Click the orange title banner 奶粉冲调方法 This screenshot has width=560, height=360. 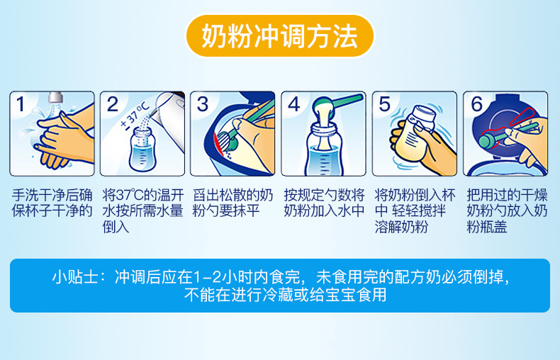[279, 35]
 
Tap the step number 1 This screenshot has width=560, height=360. [21, 104]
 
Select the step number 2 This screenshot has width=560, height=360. [112, 104]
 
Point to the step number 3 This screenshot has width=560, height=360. [203, 104]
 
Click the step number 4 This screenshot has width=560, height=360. [293, 104]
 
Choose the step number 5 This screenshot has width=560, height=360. [384, 104]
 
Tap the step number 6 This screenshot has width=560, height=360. [476, 104]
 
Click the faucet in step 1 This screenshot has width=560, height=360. [55, 97]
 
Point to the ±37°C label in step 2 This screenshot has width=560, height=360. [134, 116]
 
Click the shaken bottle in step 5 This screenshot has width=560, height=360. [415, 133]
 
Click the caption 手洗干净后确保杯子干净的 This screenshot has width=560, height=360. [52, 203]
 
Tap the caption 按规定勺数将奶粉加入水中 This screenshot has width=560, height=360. [324, 203]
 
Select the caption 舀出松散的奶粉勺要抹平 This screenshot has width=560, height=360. [233, 203]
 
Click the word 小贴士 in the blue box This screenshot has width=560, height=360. [75, 277]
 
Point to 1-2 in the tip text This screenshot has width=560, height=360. [206, 277]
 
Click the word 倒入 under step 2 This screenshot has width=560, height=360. [116, 227]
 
